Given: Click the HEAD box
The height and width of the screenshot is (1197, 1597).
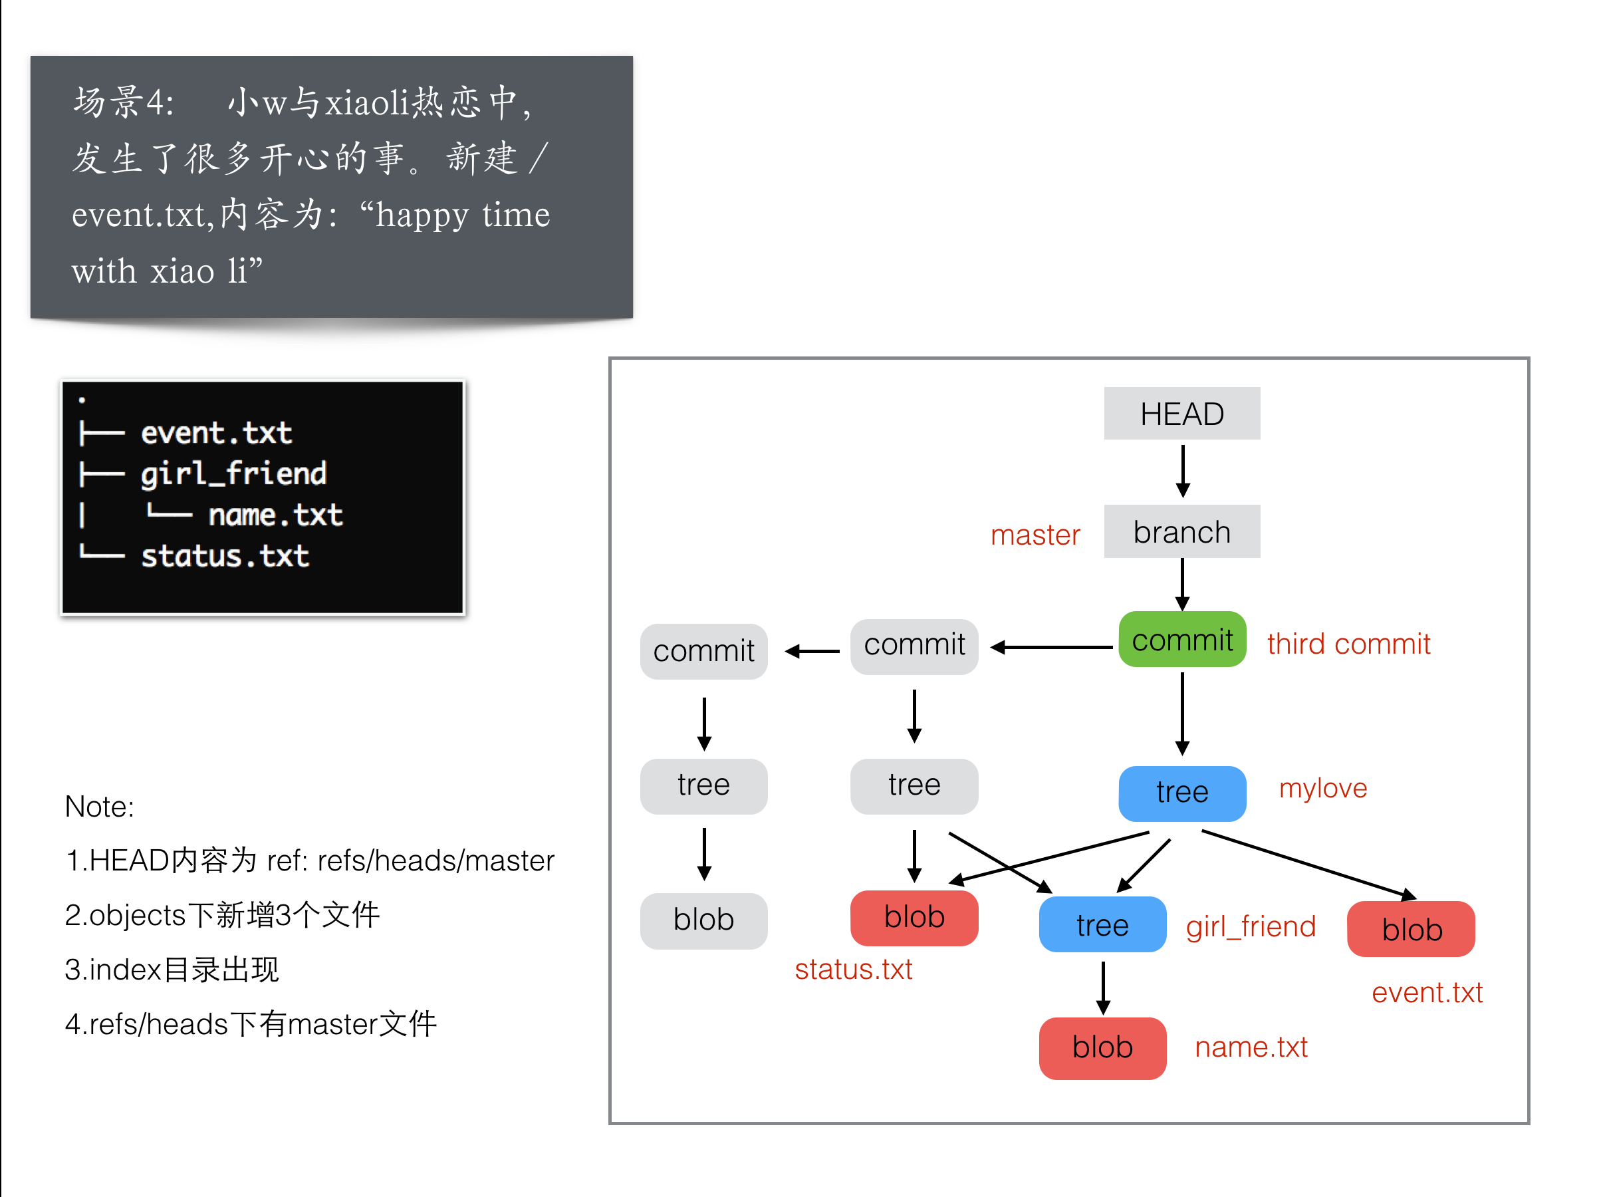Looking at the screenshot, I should pos(1181,414).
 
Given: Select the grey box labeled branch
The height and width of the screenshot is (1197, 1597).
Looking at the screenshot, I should pos(1181,532).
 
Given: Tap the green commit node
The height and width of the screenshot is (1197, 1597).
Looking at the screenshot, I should pos(1181,640).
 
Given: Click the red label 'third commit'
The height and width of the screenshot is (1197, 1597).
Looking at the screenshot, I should pos(1348,644).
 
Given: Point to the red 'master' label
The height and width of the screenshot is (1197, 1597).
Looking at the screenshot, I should pos(1035,535).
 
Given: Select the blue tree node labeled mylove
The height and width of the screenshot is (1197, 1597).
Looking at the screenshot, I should pos(1181,793).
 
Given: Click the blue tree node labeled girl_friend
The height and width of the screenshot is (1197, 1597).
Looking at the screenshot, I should pos(1102,925).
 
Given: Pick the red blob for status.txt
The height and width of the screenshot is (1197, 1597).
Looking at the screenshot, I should pos(914,917).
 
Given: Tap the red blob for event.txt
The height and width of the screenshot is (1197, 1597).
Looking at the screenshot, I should pos(1411,929).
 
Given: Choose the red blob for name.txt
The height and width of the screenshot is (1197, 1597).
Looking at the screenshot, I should pos(1102,1047).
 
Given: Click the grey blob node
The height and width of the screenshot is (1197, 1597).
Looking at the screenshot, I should pos(703,920).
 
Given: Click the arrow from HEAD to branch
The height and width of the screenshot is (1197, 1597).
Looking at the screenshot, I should pos(1182,471).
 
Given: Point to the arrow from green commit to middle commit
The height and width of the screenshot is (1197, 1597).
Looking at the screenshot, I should pos(1050,648).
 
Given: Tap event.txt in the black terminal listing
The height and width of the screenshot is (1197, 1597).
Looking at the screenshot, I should pos(216,433).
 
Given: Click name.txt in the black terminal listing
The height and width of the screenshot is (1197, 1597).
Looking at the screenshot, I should pos(275,515).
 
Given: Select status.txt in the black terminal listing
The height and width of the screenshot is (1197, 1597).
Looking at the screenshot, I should pos(225,557).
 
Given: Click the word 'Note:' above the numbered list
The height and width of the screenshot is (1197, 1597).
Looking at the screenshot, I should pos(99,807).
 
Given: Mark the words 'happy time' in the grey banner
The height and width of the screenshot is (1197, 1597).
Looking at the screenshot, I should pos(463,215).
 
